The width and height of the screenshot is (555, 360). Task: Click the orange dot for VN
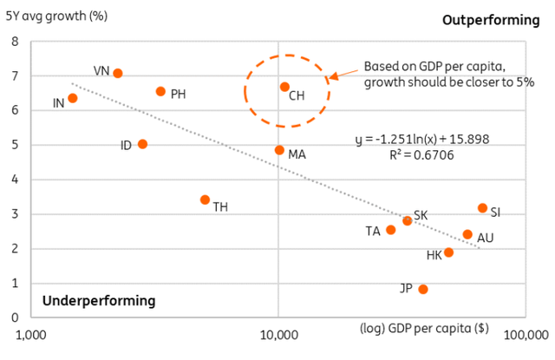[x=118, y=74]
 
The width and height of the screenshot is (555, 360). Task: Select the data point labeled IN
[x=73, y=98]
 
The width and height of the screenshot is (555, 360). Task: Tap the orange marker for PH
[x=160, y=91]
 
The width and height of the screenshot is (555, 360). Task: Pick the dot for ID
[x=142, y=144]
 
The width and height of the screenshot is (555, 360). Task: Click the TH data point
[x=205, y=200]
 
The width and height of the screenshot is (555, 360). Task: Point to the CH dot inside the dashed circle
[x=284, y=87]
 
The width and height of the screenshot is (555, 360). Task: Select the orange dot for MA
[x=279, y=150]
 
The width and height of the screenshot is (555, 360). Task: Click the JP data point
[x=423, y=289]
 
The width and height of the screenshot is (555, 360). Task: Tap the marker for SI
[x=482, y=208]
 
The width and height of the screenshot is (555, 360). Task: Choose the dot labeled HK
[x=448, y=252]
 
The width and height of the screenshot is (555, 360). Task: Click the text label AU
[x=487, y=236]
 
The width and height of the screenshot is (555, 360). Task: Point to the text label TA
[x=373, y=231]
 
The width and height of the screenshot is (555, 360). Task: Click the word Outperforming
[x=491, y=20]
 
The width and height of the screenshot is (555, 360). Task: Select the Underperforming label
[x=99, y=301]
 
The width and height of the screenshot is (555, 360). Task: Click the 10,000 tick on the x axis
[x=279, y=334]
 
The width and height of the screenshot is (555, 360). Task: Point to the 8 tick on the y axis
[x=15, y=41]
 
